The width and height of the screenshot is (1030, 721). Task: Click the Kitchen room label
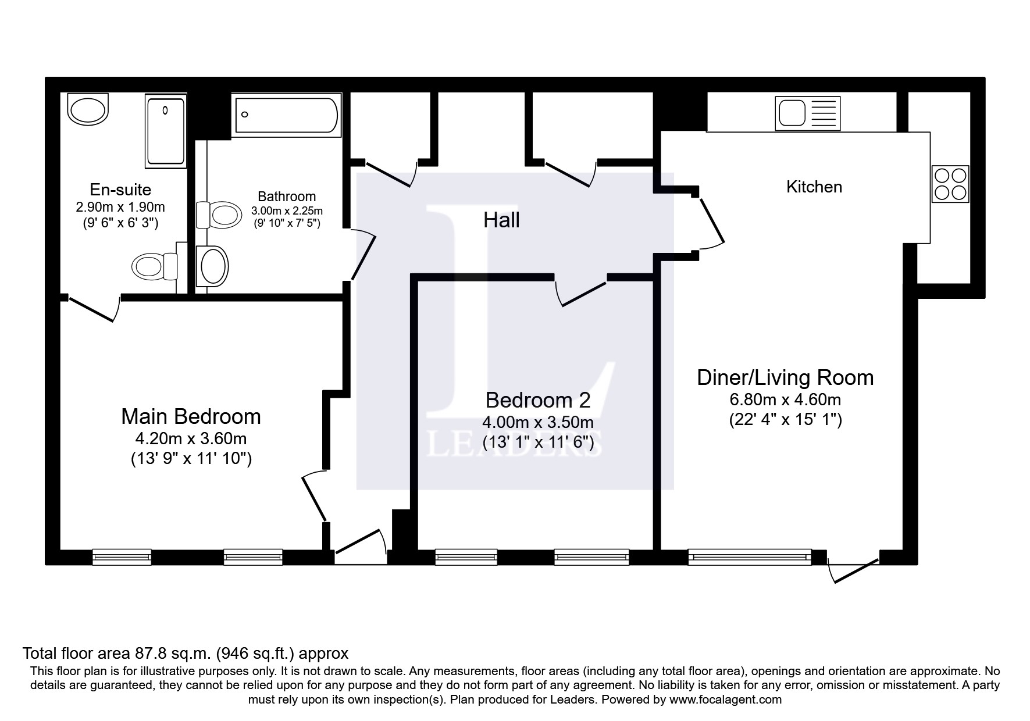814,187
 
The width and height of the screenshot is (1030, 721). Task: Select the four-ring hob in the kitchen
950,184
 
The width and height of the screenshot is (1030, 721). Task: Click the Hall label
501,220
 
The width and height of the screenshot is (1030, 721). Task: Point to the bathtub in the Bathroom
286,115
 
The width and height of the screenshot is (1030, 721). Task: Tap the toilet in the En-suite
155,267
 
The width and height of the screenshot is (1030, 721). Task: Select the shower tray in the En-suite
165,131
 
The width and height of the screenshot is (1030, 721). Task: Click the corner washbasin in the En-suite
88,109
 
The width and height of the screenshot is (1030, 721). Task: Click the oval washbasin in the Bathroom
212,266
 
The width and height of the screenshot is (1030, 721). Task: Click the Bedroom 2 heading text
537,400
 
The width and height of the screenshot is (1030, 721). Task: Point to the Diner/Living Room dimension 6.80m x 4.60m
785,399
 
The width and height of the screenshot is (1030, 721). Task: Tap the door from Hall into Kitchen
711,223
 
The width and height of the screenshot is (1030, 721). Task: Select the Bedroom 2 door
582,294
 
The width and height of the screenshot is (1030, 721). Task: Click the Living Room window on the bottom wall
749,557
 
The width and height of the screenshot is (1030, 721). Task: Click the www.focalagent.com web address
725,699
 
